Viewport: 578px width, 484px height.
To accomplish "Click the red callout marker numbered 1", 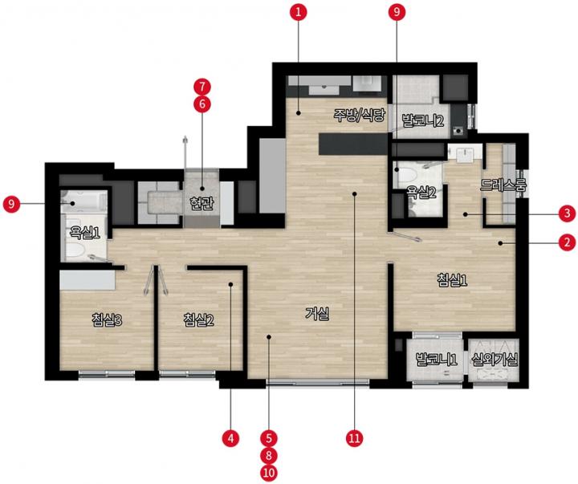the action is click(298, 13).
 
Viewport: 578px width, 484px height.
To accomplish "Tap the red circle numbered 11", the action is click(354, 438).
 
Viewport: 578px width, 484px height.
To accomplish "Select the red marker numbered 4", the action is click(230, 438).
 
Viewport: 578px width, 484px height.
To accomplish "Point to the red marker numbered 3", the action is click(567, 214).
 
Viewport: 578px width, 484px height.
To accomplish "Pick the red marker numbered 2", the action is click(567, 242).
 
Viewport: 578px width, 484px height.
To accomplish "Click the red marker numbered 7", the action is click(202, 87).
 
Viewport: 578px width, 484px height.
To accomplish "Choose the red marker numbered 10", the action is click(269, 473).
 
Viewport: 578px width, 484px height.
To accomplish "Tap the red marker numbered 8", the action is click(269, 456).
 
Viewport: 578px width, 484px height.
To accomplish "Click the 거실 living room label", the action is click(317, 314).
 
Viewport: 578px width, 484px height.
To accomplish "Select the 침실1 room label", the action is click(452, 280).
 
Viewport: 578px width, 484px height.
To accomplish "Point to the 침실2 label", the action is click(198, 320).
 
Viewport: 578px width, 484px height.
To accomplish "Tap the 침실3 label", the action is click(107, 320).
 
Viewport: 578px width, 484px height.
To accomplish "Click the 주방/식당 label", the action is click(359, 116).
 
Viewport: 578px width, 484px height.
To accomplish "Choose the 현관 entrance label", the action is click(201, 203).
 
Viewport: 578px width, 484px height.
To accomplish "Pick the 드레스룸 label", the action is click(503, 185).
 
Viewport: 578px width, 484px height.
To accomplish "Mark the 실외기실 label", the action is click(495, 359).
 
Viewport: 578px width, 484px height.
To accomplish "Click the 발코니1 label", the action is click(437, 359).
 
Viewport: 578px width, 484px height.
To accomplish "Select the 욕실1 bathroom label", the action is click(85, 233).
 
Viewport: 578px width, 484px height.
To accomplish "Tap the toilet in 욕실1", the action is click(77, 250).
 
